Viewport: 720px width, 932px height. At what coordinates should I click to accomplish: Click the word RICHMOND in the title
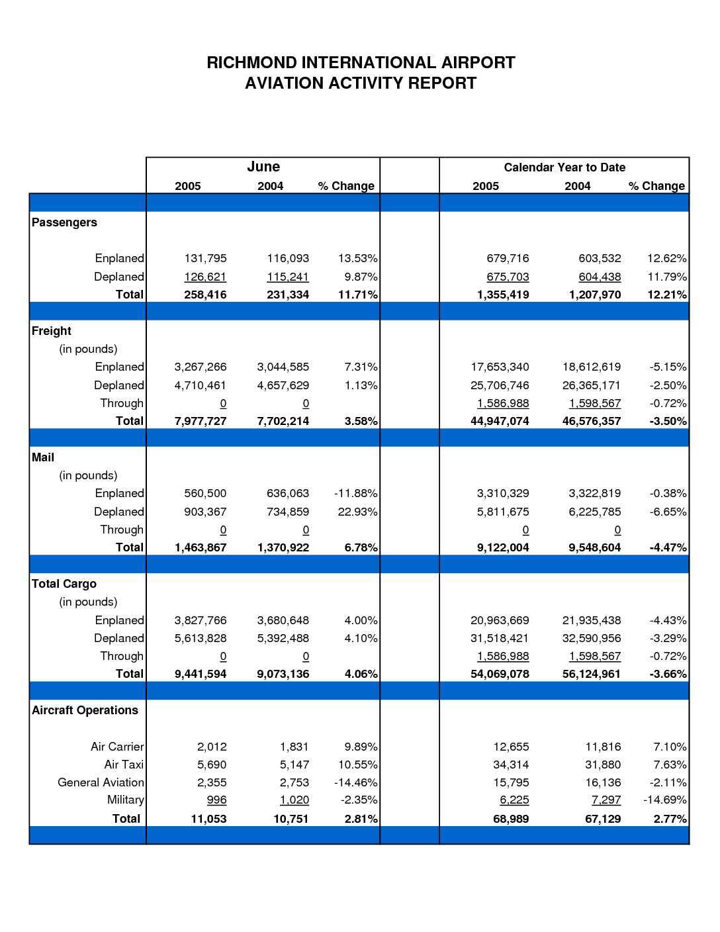251,63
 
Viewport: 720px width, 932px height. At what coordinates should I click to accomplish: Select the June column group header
263,166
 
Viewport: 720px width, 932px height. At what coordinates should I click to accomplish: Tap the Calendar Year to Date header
564,167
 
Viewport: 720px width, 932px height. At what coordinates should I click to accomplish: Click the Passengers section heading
64,222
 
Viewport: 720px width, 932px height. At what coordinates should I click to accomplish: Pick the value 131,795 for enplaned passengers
205,258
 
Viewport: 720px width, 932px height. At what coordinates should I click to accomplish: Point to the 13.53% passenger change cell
357,258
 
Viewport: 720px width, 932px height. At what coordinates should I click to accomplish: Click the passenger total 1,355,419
503,295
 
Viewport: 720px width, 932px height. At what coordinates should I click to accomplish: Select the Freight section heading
52,331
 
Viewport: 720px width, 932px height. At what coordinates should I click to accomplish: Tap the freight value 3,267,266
201,367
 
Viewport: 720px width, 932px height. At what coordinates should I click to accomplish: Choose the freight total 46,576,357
592,421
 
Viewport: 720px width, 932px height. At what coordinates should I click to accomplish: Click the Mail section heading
43,457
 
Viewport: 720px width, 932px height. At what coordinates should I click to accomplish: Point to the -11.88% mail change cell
356,494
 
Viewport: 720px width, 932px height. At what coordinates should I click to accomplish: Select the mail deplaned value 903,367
205,512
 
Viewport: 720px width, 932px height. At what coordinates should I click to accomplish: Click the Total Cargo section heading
64,584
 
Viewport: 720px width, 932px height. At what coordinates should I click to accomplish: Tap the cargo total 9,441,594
201,675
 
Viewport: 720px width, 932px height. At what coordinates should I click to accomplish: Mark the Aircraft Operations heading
85,711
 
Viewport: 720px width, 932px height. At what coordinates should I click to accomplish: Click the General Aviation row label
101,783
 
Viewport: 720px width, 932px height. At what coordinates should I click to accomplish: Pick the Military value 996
216,800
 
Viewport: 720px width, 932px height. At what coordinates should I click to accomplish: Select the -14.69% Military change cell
664,800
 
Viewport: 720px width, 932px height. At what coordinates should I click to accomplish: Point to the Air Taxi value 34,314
511,765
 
